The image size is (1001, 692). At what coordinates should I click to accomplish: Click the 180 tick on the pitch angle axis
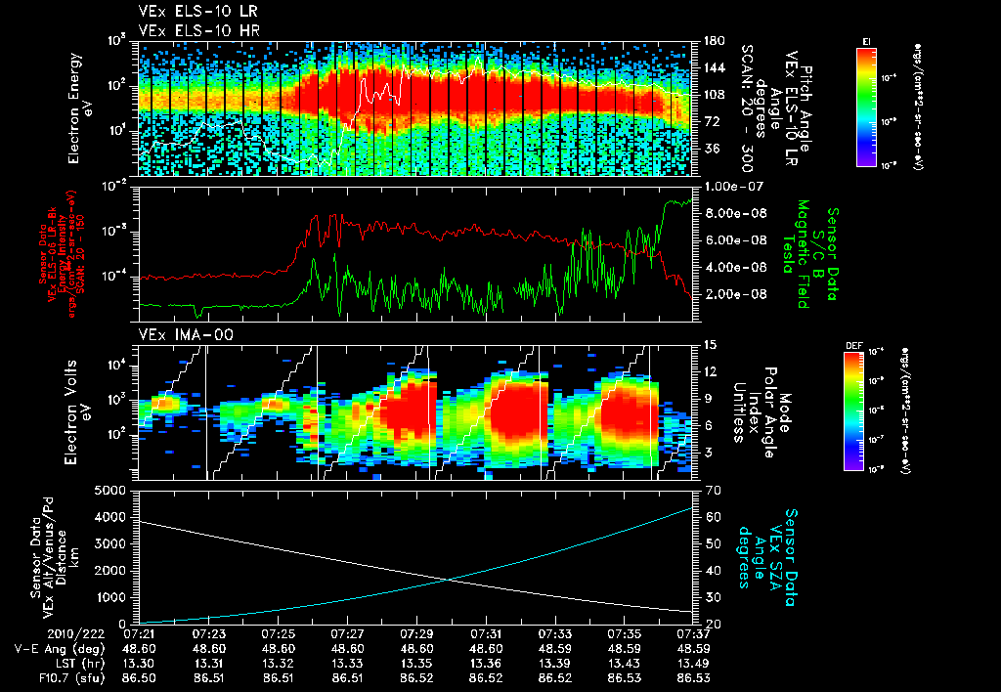tap(712, 41)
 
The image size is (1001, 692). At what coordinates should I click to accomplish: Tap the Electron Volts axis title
tap(80, 411)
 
